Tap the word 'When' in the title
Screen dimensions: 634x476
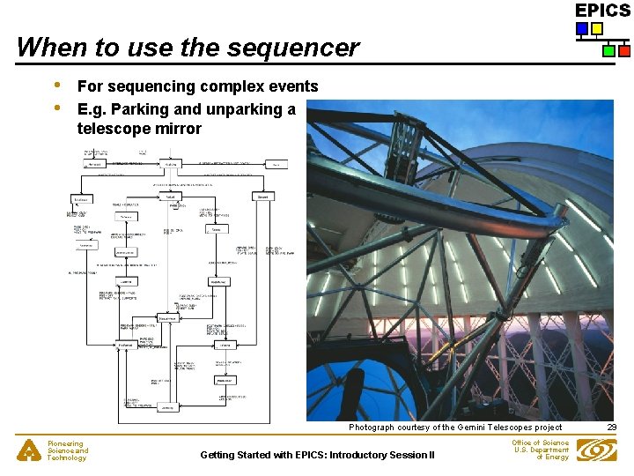47,47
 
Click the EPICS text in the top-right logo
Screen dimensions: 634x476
603,11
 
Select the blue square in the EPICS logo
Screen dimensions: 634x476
581,29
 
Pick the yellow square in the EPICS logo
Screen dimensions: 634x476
596,29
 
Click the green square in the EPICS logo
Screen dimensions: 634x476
609,51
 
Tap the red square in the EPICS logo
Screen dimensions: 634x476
623,51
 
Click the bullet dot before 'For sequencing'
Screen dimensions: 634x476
57,86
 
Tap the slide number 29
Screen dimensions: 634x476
612,428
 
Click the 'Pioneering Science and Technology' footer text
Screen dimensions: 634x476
68,450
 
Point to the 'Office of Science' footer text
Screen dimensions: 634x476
540,443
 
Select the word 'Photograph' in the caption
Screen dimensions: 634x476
372,428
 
